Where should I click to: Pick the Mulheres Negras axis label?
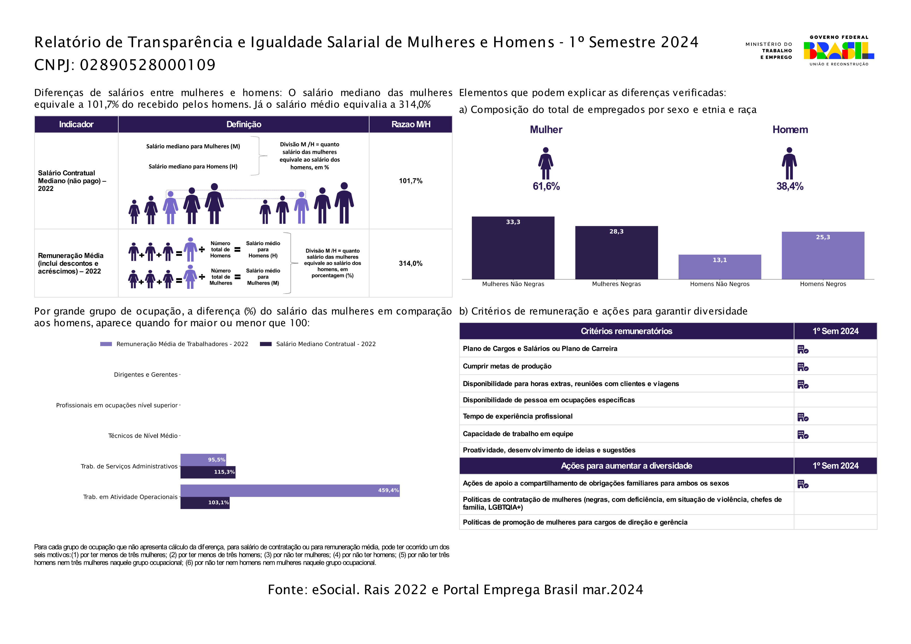tap(616, 284)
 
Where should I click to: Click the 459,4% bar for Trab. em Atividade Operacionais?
tap(290, 490)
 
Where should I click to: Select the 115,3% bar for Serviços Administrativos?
tap(208, 472)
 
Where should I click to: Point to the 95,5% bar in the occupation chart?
tap(203, 460)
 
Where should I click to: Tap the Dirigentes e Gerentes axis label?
tap(146, 375)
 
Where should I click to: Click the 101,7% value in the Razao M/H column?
tap(410, 181)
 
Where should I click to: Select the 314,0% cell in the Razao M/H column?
tap(410, 263)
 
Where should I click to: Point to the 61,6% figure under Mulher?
tap(546, 186)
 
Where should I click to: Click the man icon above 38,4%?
tap(789, 163)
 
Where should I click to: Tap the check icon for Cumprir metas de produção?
tap(803, 367)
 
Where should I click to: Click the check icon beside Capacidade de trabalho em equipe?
tap(803, 435)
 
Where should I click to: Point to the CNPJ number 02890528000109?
tap(148, 65)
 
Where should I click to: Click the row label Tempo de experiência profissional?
tap(517, 416)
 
